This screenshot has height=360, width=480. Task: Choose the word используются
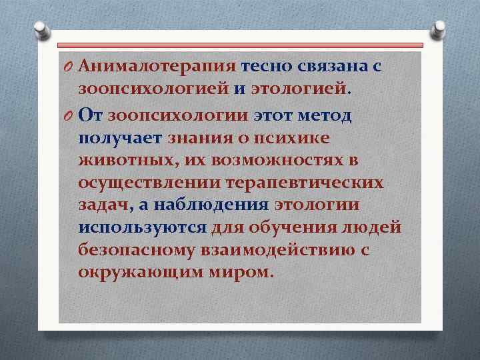[142, 228]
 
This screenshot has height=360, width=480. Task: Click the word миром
[241, 273]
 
